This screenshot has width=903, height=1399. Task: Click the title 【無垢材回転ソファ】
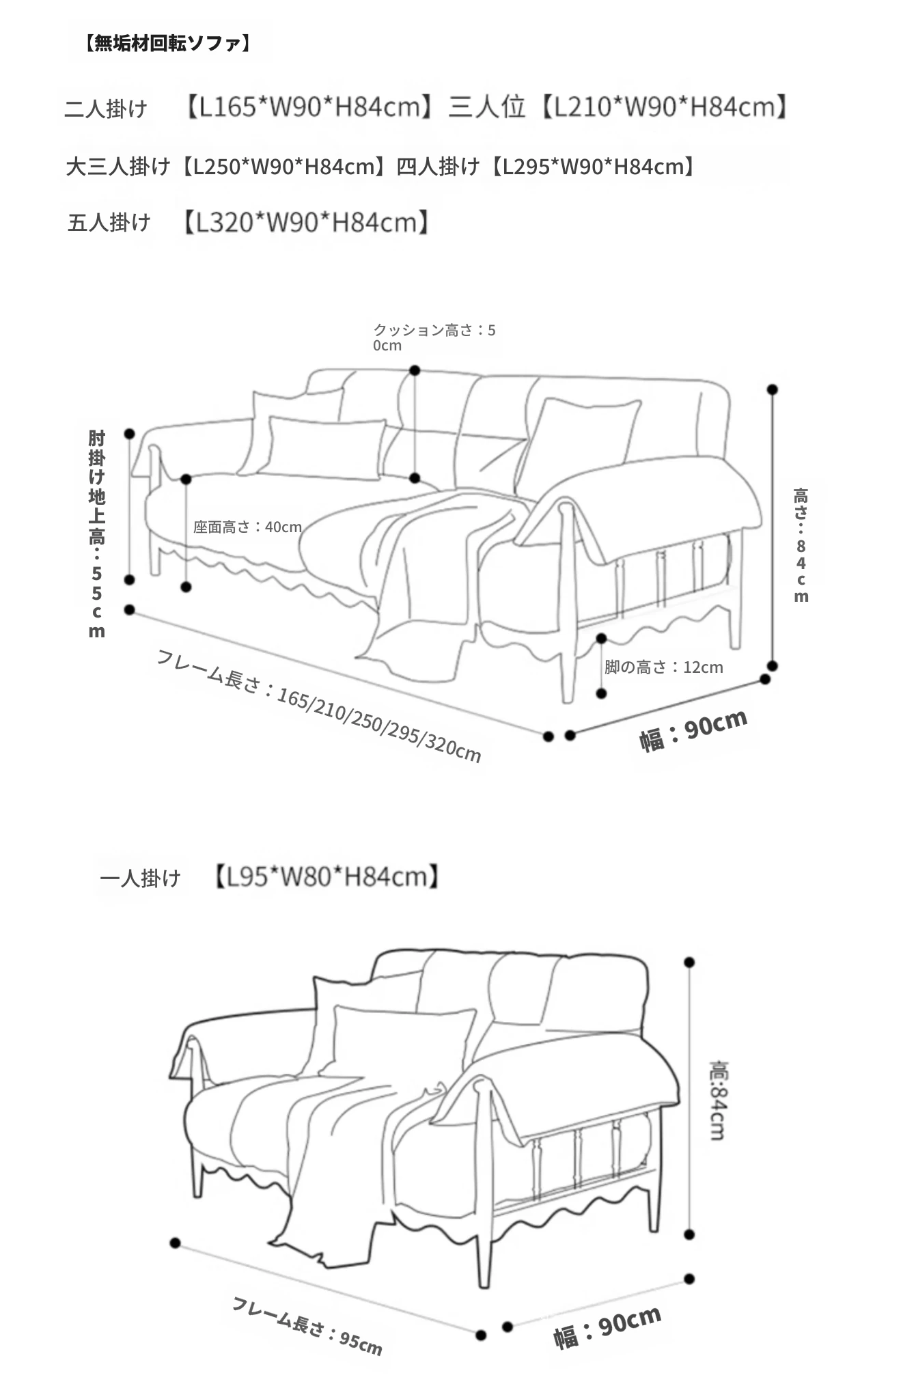coord(168,44)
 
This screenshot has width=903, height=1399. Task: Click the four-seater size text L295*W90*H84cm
coord(593,166)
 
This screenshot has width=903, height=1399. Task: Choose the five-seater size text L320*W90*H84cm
coord(306,222)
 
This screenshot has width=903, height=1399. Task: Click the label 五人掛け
coord(109,222)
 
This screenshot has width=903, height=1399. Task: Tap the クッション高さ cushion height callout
coord(434,337)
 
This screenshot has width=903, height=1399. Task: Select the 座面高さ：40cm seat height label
coord(247,527)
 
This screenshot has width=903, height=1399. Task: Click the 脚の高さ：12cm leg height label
coord(663,667)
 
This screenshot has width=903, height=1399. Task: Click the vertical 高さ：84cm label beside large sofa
coord(801,545)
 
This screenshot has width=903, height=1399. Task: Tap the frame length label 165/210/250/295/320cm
coord(319,706)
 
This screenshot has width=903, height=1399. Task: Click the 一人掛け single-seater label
coord(141,877)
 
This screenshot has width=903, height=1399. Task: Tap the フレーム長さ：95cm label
coord(307,1325)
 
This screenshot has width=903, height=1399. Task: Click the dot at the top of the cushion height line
coord(415,370)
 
